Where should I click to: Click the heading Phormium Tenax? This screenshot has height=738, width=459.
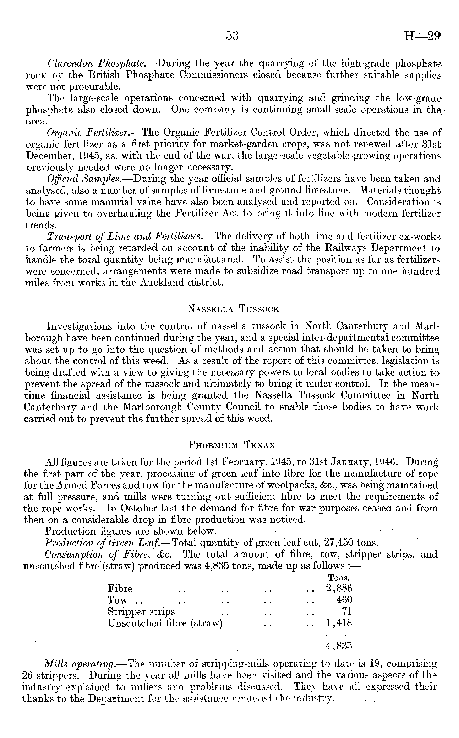232,445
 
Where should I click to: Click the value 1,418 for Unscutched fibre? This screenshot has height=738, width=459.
339,623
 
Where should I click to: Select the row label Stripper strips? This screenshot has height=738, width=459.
141,611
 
